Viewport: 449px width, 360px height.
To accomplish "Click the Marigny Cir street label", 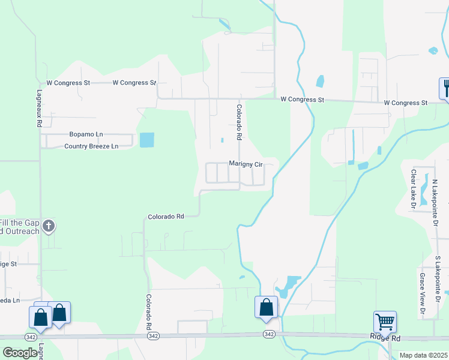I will tap(246, 164).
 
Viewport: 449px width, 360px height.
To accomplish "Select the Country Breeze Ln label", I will tap(91, 146).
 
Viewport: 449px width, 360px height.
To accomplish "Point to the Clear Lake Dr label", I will tap(413, 189).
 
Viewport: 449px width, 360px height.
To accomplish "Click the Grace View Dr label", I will tap(423, 295).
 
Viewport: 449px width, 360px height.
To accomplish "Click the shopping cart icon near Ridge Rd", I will tap(384, 321).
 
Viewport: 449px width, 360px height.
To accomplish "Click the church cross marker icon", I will tap(49, 226).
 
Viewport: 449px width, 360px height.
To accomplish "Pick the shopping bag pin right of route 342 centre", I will tap(266, 307).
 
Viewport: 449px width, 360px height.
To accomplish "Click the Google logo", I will tap(20, 352).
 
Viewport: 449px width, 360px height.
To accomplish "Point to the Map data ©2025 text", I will tap(423, 355).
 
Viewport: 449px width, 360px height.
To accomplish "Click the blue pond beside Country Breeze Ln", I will tap(146, 140).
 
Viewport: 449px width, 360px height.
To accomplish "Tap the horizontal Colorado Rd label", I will tap(165, 216).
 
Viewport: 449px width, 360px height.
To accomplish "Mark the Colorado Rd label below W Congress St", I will tap(238, 123).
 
